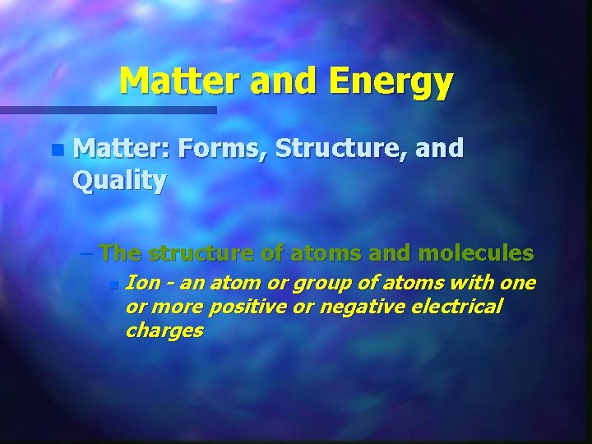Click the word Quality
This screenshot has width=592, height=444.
120,180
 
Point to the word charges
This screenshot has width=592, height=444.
164,331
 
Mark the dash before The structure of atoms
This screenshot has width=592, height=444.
89,252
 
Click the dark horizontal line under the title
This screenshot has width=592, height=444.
107,109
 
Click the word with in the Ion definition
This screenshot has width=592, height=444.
474,284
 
